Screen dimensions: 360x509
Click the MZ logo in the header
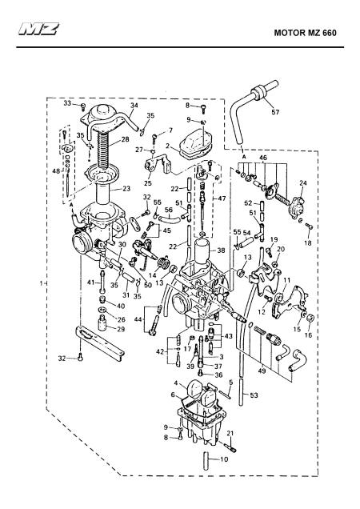pyautogui.click(x=38, y=29)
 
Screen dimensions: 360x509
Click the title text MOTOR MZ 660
pyautogui.click(x=305, y=33)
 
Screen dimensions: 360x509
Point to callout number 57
pyautogui.click(x=275, y=112)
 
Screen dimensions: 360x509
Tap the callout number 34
pyautogui.click(x=134, y=106)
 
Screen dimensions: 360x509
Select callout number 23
pyautogui.click(x=126, y=188)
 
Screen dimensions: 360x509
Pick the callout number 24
pyautogui.click(x=303, y=183)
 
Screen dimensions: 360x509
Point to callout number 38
pyautogui.click(x=221, y=250)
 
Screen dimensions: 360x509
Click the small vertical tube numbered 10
pyautogui.click(x=206, y=459)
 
